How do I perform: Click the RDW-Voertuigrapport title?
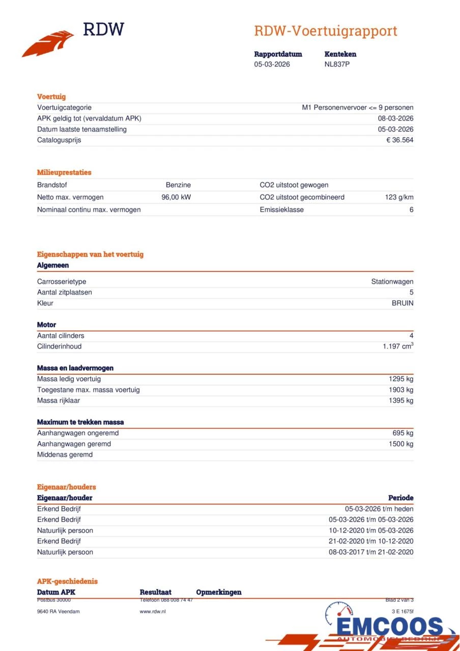tap(326, 31)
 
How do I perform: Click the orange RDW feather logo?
tap(48, 44)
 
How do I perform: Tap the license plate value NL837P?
tap(337, 65)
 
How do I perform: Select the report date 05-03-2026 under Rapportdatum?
tap(272, 65)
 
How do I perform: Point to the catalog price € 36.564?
tap(399, 140)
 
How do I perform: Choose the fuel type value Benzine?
tap(178, 185)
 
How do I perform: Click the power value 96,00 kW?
tap(176, 197)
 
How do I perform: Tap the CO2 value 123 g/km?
tap(399, 197)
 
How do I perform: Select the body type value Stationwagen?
tap(392, 282)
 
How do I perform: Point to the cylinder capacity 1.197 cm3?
tap(398, 346)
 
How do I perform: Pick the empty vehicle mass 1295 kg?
tap(401, 379)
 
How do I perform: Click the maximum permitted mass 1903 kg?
tap(401, 390)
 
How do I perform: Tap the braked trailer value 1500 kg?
tap(401, 444)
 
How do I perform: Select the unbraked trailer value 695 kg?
tap(403, 433)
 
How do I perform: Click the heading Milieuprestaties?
tap(64, 172)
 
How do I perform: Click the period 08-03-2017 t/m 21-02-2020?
tap(371, 552)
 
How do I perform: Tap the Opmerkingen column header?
tap(219, 593)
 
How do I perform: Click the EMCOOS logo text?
tap(389, 627)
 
